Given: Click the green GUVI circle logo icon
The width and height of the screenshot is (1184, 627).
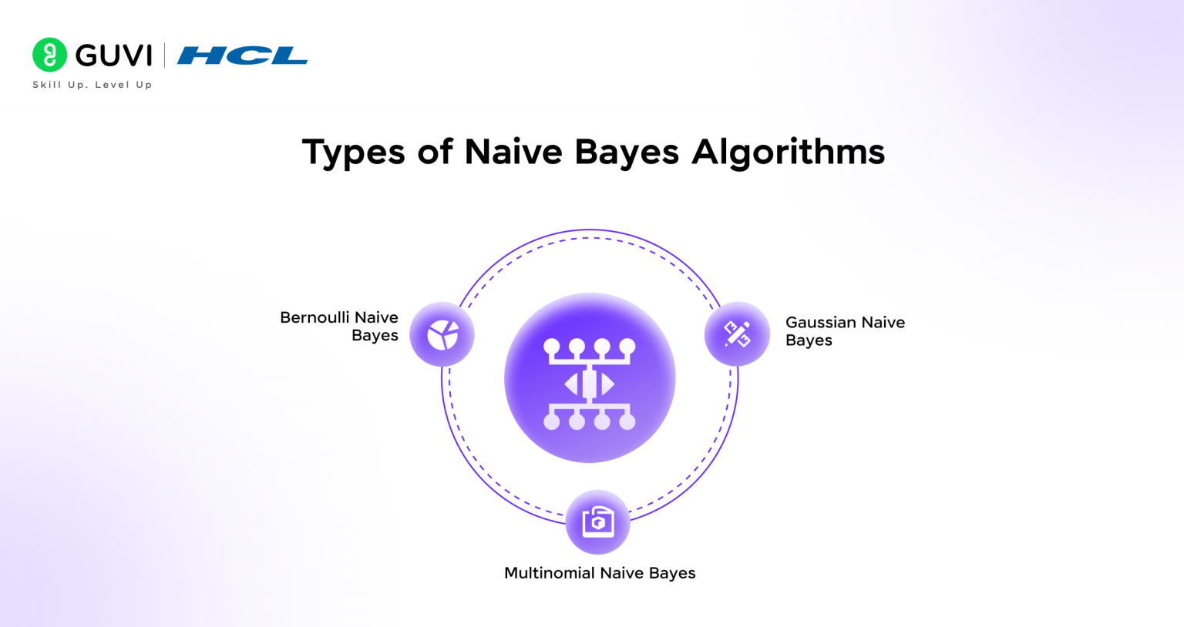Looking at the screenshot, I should (49, 55).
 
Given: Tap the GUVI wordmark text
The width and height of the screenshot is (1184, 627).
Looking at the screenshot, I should (113, 55).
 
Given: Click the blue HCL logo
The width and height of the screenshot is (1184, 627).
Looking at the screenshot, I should (242, 55).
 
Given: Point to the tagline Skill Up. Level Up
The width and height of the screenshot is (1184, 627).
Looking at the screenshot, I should (92, 85).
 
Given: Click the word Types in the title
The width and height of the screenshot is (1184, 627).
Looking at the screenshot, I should (353, 152).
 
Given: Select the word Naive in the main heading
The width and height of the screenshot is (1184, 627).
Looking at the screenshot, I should (513, 151).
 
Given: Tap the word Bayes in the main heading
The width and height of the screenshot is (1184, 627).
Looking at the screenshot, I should (627, 152).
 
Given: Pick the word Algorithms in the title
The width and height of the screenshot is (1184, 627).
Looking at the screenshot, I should (788, 152).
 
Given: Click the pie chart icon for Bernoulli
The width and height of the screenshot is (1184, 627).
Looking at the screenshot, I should (442, 334).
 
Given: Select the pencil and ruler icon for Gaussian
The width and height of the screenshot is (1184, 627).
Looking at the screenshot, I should (737, 334).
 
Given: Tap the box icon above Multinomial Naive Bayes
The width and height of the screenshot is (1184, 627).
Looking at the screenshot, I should (598, 521).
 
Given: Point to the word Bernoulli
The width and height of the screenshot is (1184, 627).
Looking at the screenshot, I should (314, 317).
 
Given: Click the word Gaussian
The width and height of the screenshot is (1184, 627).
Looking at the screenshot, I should (821, 322).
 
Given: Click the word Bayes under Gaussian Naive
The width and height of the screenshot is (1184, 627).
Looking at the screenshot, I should (809, 340).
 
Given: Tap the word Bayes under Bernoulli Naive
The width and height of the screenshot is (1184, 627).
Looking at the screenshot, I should (375, 336).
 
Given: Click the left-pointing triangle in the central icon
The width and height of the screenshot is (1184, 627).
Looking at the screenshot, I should (571, 384).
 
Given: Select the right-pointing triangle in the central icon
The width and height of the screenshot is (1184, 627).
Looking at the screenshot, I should (608, 384).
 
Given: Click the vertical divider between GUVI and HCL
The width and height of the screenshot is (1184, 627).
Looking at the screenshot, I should (164, 55).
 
